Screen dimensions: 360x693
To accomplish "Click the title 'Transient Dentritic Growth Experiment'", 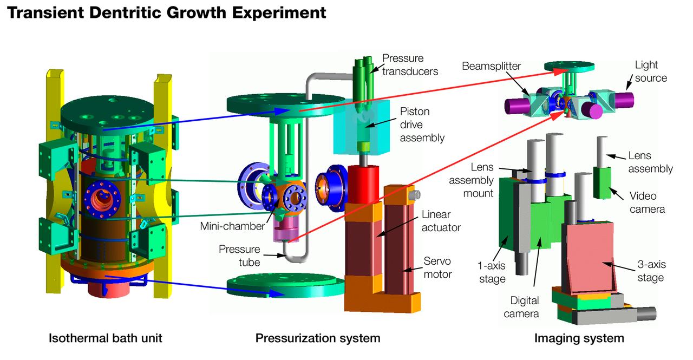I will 166,12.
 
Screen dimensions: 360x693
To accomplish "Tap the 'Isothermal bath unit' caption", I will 106,339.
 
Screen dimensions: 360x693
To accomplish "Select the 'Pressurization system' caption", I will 318,339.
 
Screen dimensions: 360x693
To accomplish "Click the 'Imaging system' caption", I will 579,339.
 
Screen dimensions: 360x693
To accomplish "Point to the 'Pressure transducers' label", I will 410,64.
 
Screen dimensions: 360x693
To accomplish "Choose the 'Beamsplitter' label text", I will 491,67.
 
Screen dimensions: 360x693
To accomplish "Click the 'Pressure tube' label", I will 239,256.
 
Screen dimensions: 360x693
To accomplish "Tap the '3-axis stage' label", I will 650,271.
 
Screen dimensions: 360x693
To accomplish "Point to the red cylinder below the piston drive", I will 364,184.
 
